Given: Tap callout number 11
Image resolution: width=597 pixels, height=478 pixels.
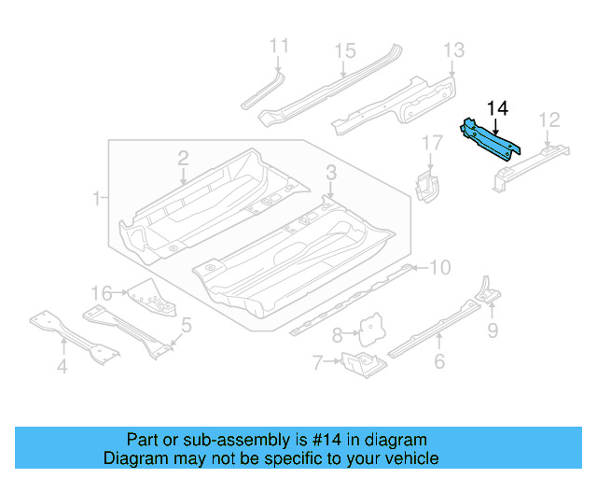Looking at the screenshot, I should [x=279, y=45].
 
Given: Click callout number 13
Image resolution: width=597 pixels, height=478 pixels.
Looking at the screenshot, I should [x=452, y=50].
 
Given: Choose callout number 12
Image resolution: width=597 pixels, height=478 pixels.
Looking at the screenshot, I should [x=548, y=119].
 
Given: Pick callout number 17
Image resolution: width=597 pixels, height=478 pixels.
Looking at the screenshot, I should [x=431, y=143].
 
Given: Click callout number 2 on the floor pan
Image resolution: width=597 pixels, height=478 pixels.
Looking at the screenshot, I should [x=183, y=158].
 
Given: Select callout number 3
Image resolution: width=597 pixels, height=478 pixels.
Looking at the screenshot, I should [x=330, y=172].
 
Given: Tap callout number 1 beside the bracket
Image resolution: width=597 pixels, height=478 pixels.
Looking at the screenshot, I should [x=97, y=198].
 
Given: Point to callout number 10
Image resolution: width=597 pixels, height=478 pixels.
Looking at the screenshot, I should [x=438, y=268].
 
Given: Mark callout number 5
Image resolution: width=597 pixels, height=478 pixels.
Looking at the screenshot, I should [x=187, y=325].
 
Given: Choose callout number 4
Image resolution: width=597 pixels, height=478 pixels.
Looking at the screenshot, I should [x=62, y=367].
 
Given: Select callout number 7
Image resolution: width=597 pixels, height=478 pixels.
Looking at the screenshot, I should [x=316, y=361].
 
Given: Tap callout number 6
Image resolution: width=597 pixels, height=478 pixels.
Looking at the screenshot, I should [x=439, y=361].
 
